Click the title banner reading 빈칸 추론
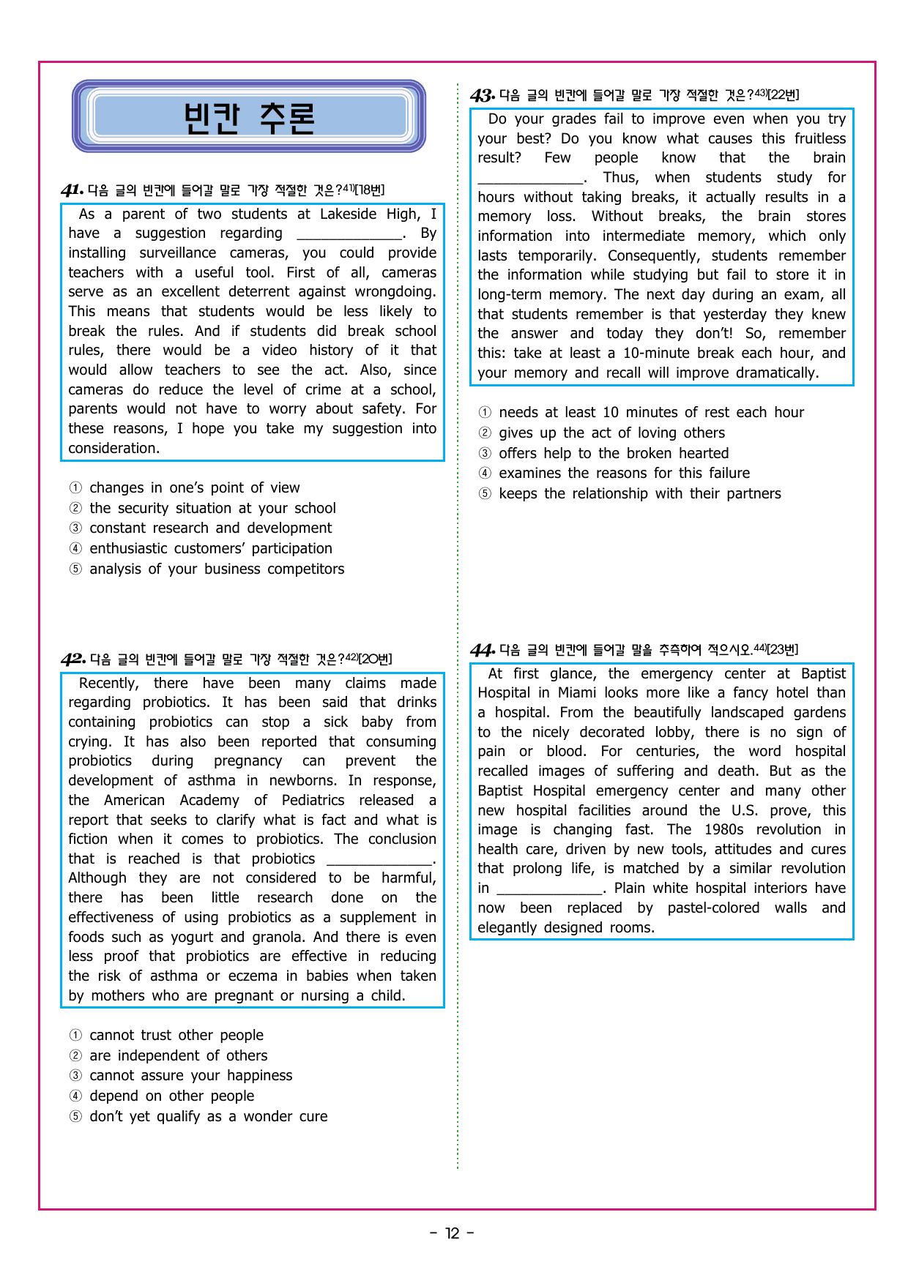point(249,117)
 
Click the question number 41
point(72,191)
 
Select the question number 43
point(482,96)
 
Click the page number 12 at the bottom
point(453,1234)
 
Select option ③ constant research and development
point(210,528)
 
